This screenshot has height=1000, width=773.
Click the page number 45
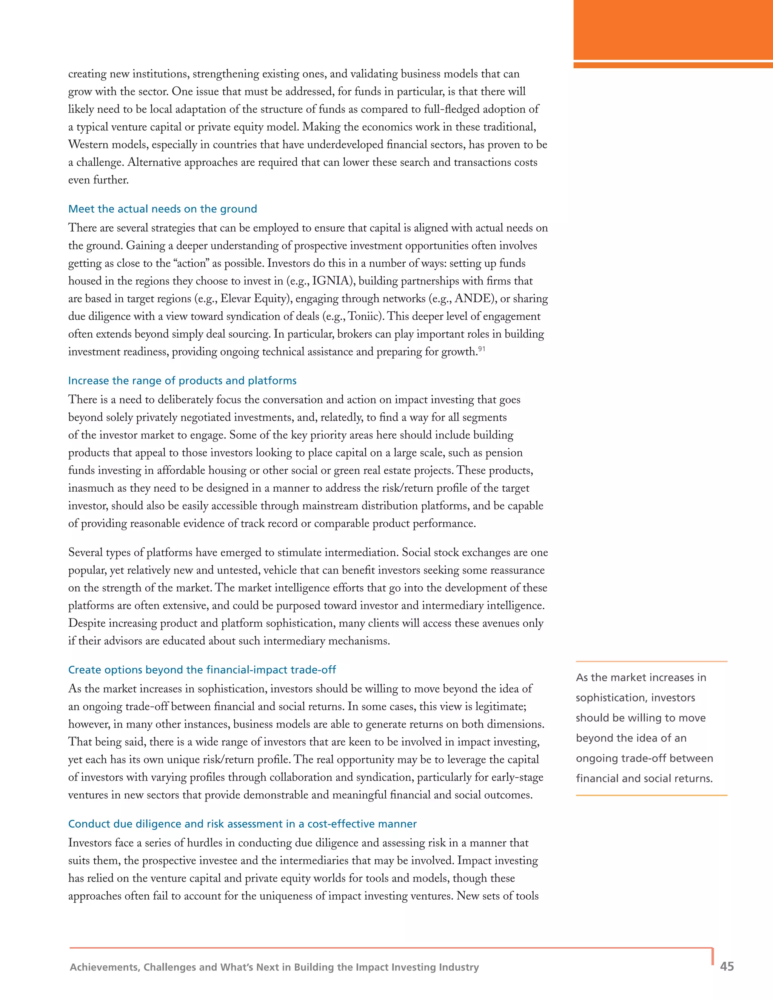(x=727, y=966)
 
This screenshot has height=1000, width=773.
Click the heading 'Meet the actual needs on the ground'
(x=163, y=209)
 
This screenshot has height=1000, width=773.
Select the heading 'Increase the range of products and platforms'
(x=182, y=381)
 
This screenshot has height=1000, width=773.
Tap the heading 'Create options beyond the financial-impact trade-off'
(x=202, y=670)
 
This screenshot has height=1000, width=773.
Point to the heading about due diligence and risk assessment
(x=242, y=824)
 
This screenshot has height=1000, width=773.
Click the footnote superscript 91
(x=482, y=349)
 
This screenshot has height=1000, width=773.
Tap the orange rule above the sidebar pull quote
(x=651, y=662)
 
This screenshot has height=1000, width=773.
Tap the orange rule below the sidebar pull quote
(x=651, y=795)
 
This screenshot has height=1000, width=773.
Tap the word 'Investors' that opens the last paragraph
(x=90, y=843)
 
